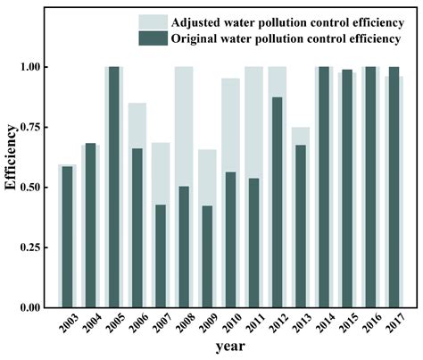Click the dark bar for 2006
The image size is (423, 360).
[137, 228]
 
